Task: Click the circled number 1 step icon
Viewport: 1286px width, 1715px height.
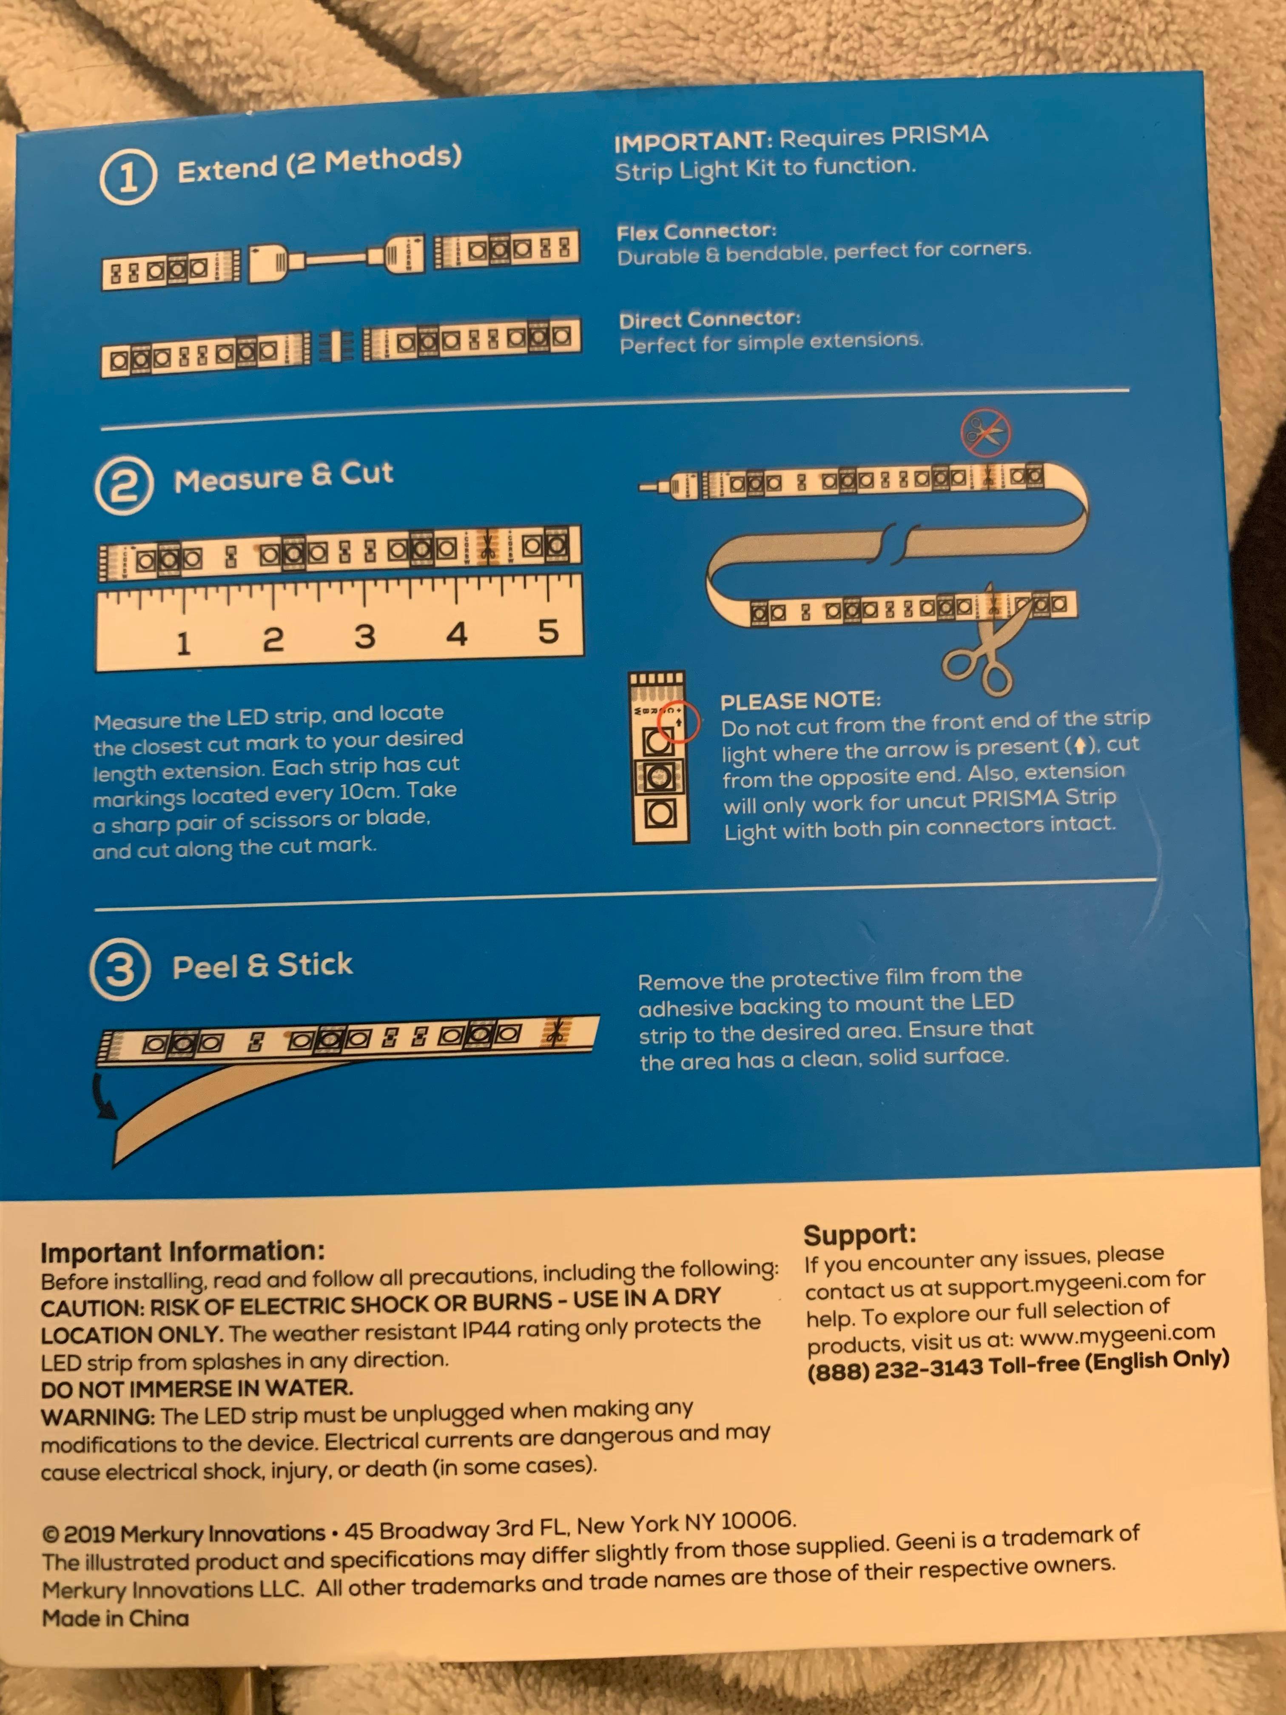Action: coord(128,177)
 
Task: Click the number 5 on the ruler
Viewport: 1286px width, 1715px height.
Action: coord(548,631)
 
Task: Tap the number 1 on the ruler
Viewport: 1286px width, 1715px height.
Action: coord(183,643)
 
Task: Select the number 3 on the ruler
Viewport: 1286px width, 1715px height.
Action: coord(365,637)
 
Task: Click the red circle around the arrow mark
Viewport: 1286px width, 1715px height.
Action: coord(678,721)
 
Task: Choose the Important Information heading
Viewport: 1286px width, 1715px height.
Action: coord(183,1252)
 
